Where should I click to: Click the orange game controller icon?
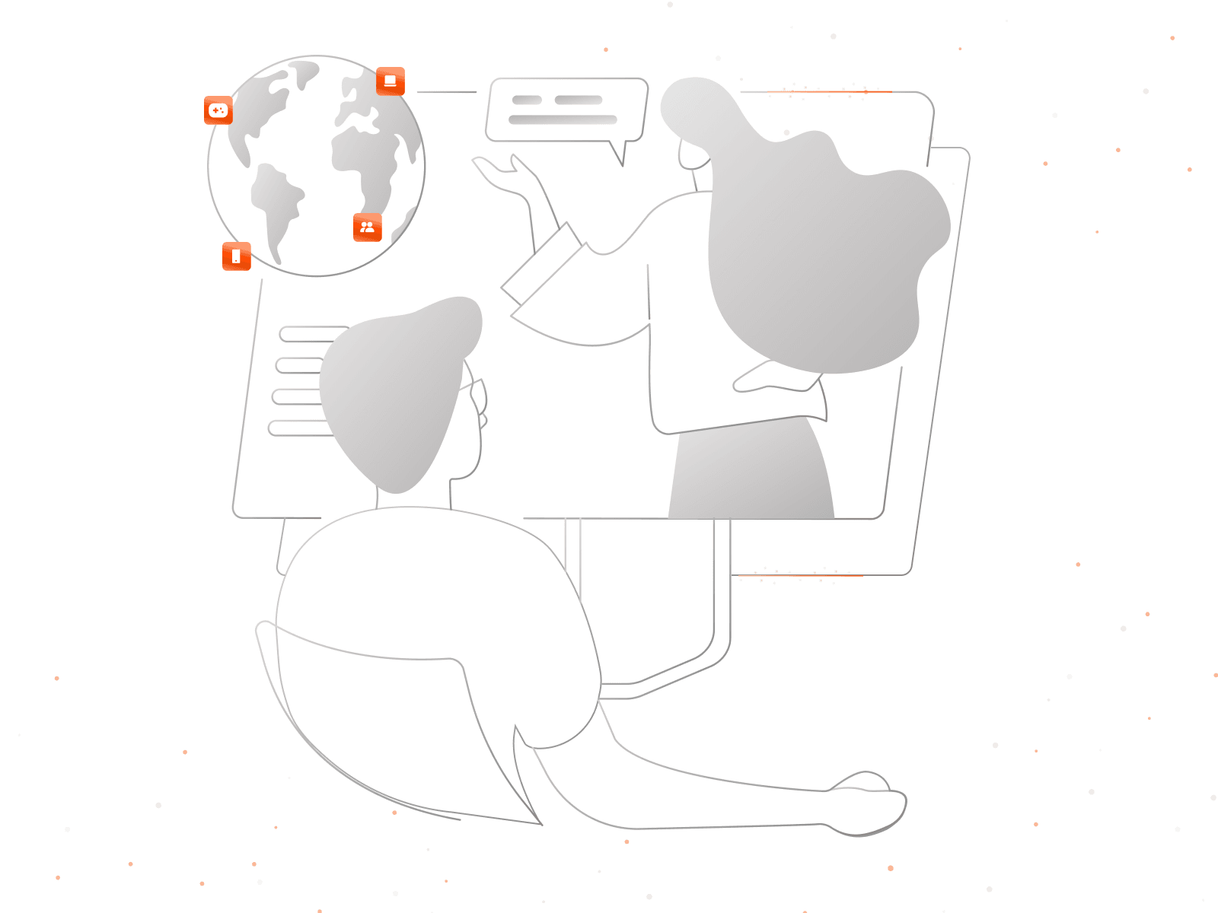click(218, 110)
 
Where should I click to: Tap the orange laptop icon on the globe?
click(391, 81)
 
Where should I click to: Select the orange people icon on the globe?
click(368, 227)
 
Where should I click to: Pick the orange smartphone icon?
click(236, 256)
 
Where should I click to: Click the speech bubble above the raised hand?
click(566, 110)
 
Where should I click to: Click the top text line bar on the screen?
click(312, 334)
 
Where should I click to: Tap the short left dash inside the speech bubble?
click(527, 100)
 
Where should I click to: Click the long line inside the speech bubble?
click(563, 119)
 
